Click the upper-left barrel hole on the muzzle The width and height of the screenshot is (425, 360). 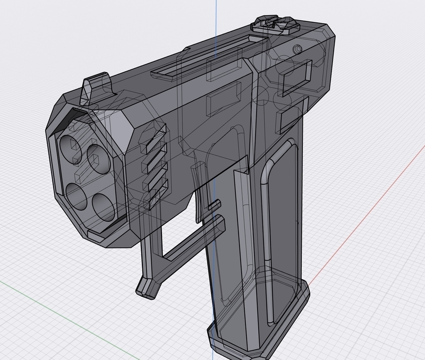coord(70,143)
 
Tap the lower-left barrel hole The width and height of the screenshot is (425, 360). coord(78,194)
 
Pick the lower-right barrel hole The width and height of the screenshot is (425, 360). coord(104,207)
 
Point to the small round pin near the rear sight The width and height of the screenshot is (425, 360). coord(297,49)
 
